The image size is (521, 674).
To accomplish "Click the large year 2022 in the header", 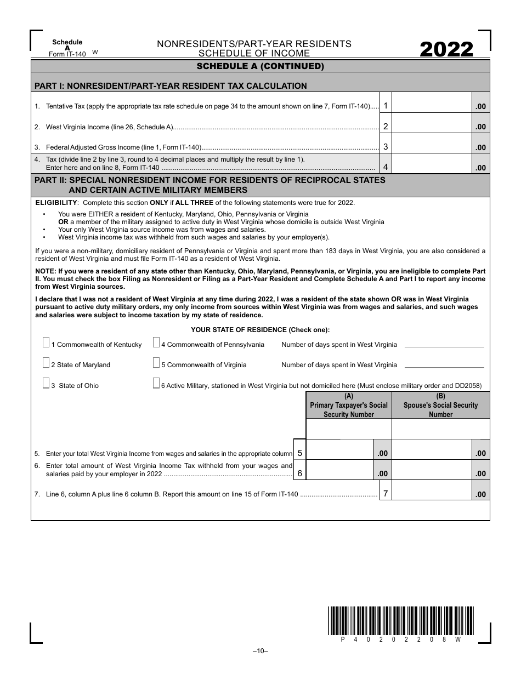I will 446,50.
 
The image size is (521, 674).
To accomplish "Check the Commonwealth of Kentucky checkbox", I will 46,343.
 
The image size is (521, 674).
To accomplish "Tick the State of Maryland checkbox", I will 46,363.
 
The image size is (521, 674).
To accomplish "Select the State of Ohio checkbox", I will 46,384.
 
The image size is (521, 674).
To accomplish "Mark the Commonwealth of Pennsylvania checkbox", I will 156,343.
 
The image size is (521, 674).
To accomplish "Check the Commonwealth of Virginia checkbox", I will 156,363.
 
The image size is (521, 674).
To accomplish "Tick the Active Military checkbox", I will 156,384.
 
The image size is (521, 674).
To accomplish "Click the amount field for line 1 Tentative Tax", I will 432,102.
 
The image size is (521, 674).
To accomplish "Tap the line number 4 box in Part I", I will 386,167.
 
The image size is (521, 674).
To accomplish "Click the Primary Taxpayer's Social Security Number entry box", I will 349,429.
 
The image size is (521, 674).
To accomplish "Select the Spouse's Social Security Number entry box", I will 441,429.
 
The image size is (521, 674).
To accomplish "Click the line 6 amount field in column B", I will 432,470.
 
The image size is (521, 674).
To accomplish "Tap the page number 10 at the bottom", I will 260,651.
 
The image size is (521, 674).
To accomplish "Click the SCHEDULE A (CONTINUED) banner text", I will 260,67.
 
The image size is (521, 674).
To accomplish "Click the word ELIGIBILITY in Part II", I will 55,202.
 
